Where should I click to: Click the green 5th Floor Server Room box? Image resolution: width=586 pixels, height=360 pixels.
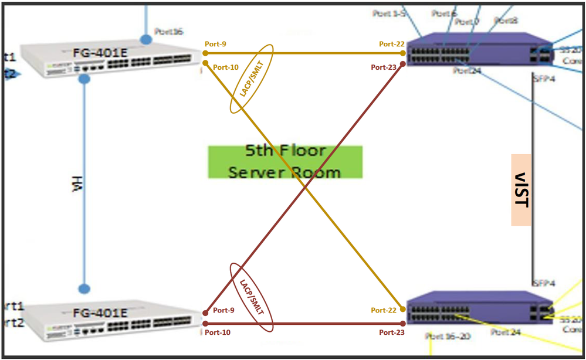point(285,162)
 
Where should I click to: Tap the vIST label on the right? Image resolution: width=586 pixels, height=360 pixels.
point(521,190)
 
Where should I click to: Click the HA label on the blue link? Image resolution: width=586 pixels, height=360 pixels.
point(74,185)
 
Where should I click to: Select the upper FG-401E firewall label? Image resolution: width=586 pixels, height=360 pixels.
point(100,53)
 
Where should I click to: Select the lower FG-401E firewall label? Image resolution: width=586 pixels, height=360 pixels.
point(100,313)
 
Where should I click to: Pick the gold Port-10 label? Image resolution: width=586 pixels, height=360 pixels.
point(226,67)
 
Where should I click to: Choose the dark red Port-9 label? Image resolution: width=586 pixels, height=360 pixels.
point(223,310)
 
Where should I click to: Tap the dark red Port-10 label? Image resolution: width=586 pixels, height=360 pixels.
point(217,332)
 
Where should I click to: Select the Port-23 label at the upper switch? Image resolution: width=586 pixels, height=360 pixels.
point(384,67)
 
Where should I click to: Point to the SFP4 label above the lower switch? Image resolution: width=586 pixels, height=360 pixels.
point(543,283)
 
